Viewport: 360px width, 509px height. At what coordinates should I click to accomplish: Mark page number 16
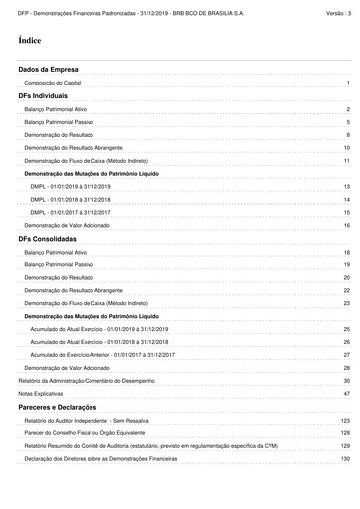(x=346, y=226)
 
